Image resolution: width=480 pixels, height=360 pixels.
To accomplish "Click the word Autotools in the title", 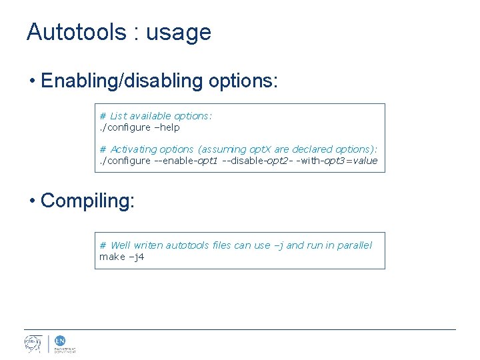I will tap(77, 32).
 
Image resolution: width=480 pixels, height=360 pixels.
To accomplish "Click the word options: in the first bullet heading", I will tap(243, 82).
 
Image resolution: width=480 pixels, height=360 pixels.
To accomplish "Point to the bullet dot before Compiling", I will tap(33, 201).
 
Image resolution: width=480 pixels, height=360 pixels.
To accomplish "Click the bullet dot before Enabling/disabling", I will tap(33, 81).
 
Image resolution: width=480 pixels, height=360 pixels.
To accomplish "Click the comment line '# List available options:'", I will tap(156, 116).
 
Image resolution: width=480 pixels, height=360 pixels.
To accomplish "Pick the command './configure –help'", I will tap(139, 127).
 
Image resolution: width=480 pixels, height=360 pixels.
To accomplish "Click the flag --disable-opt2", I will tap(259, 161).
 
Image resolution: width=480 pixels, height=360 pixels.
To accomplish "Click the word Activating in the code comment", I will tap(133, 149).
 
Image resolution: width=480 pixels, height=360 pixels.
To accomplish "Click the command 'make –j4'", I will tap(121, 257).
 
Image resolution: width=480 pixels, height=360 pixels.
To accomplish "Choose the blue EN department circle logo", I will tap(59, 340).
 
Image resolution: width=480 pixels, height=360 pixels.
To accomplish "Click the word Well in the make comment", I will tap(121, 245).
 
